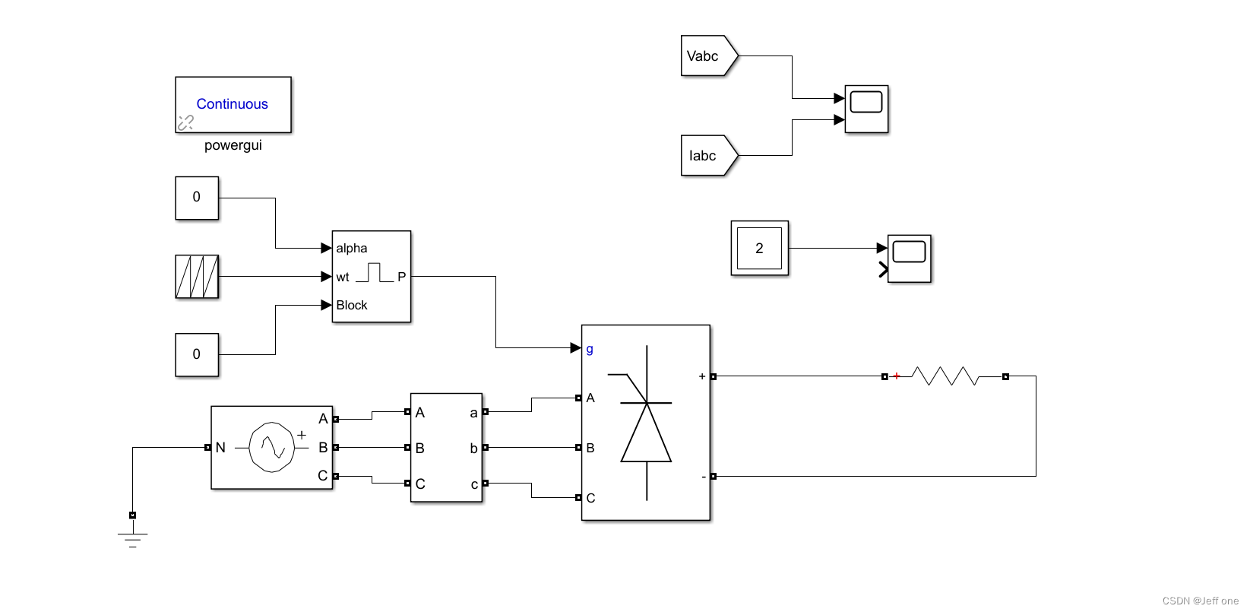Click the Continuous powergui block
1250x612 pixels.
click(233, 105)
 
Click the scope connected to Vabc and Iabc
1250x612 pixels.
click(866, 109)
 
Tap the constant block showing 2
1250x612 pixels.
click(759, 249)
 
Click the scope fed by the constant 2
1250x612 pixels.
click(909, 258)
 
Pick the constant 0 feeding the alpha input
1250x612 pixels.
click(197, 198)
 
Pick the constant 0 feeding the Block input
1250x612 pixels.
click(197, 354)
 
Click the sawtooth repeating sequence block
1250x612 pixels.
click(197, 277)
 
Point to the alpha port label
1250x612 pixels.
click(352, 249)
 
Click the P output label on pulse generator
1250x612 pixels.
click(401, 277)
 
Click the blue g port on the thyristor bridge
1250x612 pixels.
click(590, 349)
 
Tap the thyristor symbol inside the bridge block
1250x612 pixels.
click(647, 426)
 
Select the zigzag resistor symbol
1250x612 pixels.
click(945, 376)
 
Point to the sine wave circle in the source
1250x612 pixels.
click(272, 447)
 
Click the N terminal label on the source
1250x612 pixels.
click(220, 448)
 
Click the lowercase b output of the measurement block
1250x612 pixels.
click(473, 449)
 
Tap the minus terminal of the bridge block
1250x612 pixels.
click(704, 477)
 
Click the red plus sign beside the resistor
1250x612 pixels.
click(897, 376)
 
